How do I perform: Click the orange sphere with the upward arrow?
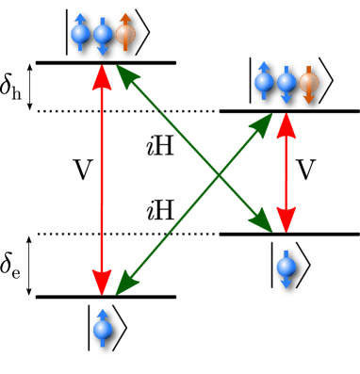pos(125,35)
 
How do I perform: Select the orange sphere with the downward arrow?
pos(309,83)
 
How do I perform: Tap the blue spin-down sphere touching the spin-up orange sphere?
pos(103,35)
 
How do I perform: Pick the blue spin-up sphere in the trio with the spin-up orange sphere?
pos(80,35)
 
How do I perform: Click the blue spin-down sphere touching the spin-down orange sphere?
pos(286,83)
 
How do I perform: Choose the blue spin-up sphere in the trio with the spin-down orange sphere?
pos(264,83)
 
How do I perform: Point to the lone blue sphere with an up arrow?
pos(103,330)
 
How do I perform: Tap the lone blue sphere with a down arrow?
pos(286,267)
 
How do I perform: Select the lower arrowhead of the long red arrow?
pos(102,282)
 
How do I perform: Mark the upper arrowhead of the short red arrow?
pos(286,125)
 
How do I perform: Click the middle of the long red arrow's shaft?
pos(102,179)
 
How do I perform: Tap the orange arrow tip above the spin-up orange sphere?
pos(125,16)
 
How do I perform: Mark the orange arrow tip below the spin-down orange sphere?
pos(309,100)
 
